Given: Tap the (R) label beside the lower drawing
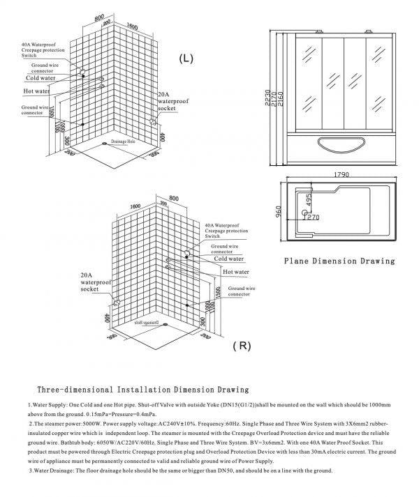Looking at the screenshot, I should pos(242,346).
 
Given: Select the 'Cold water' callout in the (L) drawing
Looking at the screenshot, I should pos(41,78).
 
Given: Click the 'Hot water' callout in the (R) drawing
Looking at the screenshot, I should pos(236,272).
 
